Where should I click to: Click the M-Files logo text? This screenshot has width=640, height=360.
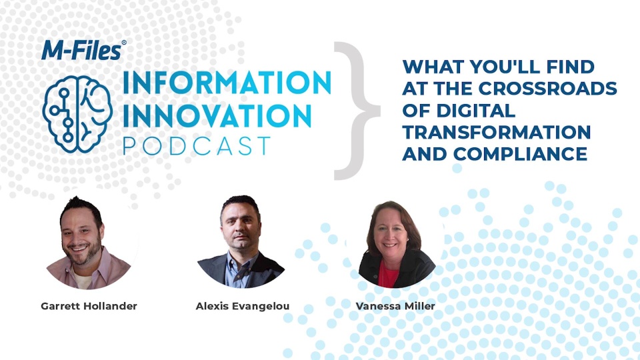pos(81,50)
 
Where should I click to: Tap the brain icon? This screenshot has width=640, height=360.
pos(77,114)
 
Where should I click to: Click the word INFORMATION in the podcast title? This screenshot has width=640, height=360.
pos(227,82)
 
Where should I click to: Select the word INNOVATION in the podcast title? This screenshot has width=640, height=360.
pos(217,115)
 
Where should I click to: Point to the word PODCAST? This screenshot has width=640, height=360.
pos(197,146)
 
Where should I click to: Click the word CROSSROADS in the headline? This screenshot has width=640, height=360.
pos(548,88)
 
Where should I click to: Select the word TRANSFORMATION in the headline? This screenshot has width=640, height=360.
pos(496,132)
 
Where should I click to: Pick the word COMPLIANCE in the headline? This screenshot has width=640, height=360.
pos(521,154)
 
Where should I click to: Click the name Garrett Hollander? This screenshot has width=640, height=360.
pos(89,306)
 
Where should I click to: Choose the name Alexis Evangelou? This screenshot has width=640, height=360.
pos(243,306)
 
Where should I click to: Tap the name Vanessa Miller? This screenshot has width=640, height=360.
pos(395,306)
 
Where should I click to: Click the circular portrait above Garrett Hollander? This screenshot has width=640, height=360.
pos(89,243)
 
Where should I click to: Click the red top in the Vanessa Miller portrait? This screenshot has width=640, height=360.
pos(388,274)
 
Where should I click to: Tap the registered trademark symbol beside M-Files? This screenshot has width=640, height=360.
pos(124,43)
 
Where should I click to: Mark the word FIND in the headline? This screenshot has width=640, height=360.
pos(577,67)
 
